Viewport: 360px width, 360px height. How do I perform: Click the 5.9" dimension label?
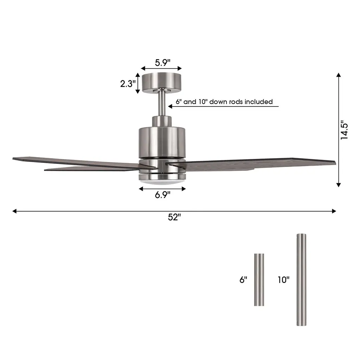coord(162,63)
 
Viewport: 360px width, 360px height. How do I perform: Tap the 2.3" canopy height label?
coord(128,84)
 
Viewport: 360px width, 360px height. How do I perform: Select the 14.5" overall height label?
coord(344,130)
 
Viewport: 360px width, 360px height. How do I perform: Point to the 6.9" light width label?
coord(162,195)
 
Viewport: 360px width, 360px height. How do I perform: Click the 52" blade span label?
coord(174,217)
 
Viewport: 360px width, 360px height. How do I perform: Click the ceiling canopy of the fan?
coord(162,83)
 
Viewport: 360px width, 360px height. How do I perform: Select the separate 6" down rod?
coord(259,279)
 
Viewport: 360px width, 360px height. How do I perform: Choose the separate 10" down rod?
coord(301,279)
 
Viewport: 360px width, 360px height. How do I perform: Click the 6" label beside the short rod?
coord(243,279)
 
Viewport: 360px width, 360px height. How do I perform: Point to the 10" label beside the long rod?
coord(284,279)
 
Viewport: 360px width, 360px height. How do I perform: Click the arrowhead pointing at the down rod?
coord(170,106)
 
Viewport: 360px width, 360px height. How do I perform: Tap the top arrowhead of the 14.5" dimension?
coord(339,75)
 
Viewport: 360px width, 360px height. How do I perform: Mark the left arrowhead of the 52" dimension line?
coord(14,211)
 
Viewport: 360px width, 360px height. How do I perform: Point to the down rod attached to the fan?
coord(162,103)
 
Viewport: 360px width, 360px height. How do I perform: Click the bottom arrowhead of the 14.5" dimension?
coord(339,185)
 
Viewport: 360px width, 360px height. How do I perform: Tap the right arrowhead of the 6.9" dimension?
coord(184,189)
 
